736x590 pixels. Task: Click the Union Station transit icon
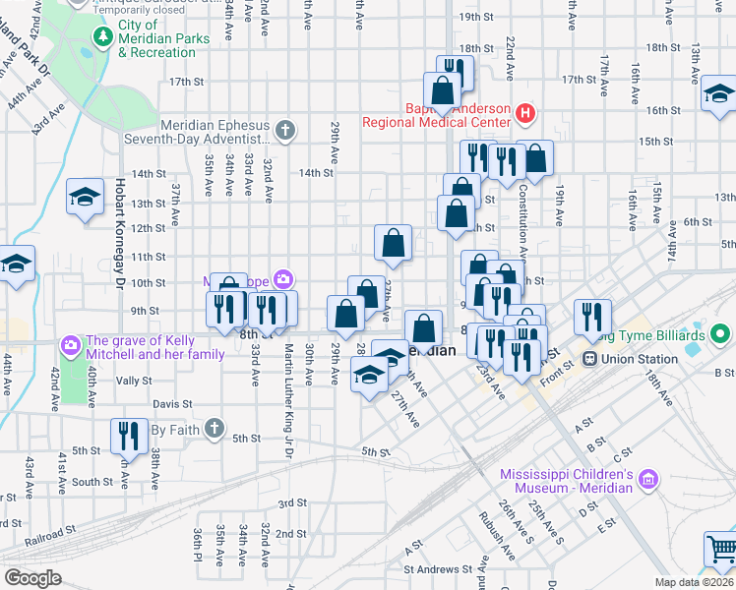tap(591, 359)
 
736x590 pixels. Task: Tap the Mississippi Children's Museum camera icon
tap(647, 479)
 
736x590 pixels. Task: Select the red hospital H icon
tap(524, 113)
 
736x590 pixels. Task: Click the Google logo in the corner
tap(31, 577)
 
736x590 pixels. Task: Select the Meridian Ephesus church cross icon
tap(284, 130)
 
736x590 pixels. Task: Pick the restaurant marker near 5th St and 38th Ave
tap(129, 435)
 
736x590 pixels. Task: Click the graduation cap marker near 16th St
tap(719, 94)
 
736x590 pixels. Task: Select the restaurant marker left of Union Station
tap(591, 316)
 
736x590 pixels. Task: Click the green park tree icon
tap(102, 36)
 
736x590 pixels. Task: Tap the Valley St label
tap(134, 380)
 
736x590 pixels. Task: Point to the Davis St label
tap(171, 403)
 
